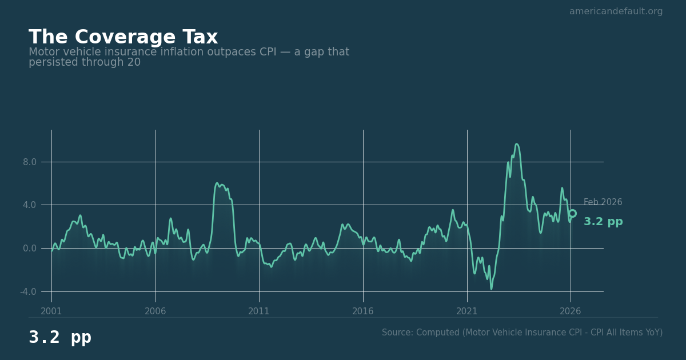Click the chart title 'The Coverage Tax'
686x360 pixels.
[x=123, y=38]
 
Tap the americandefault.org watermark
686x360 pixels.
[x=616, y=11]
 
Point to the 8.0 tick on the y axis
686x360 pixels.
[x=29, y=162]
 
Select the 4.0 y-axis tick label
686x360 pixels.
[x=29, y=205]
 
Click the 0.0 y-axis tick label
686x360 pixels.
[x=29, y=249]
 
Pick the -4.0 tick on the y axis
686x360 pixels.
[x=28, y=292]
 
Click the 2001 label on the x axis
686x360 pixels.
[x=51, y=311]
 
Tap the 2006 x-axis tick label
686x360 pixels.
[x=155, y=311]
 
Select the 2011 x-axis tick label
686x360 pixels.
[x=259, y=311]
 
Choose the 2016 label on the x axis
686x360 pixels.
[x=363, y=311]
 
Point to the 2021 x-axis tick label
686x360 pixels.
[x=467, y=311]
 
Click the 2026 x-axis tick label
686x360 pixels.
[x=571, y=311]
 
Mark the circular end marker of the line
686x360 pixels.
[x=572, y=213]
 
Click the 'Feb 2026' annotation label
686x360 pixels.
[x=603, y=202]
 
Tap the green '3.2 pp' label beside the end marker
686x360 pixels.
[x=603, y=222]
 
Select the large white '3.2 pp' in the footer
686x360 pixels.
[x=60, y=338]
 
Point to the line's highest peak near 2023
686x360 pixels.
[x=516, y=144]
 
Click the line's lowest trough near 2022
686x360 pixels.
[x=491, y=289]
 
